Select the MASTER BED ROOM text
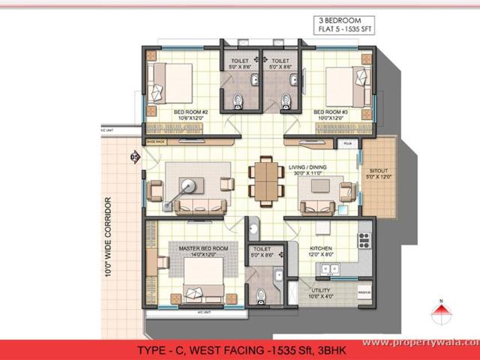click(203, 248)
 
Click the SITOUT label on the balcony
click(379, 171)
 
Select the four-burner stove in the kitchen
click(364, 240)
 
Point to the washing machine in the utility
click(364, 292)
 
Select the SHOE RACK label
click(155, 140)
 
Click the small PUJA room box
click(347, 142)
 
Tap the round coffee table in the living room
click(187, 184)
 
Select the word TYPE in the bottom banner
click(154, 349)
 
